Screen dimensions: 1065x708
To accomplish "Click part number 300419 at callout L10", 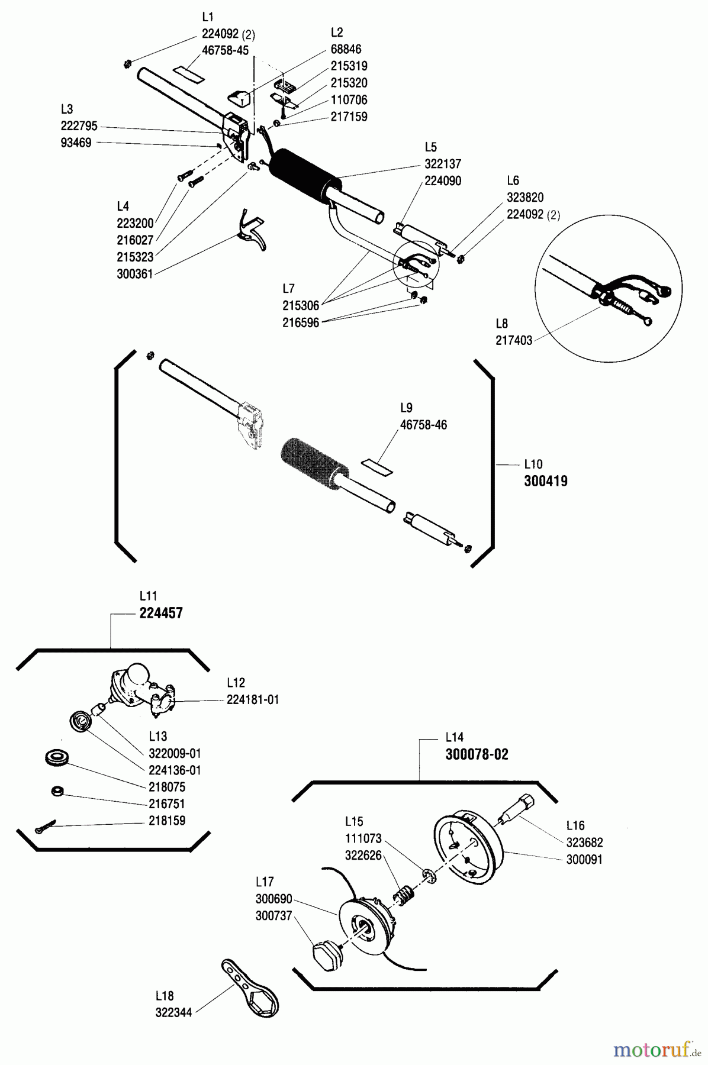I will (x=545, y=481).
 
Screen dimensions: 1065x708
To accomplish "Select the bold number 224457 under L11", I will (x=161, y=613).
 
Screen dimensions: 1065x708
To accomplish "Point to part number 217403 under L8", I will (x=514, y=340).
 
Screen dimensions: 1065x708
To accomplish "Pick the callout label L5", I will (x=430, y=147).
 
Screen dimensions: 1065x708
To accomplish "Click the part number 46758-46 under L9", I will (x=423, y=425).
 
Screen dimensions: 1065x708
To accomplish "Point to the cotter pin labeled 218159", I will (x=45, y=826).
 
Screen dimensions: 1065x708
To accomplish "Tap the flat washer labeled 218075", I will (x=57, y=759).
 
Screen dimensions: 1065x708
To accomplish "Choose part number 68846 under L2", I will (x=346, y=49).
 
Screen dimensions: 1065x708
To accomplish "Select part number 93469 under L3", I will (x=76, y=143).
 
